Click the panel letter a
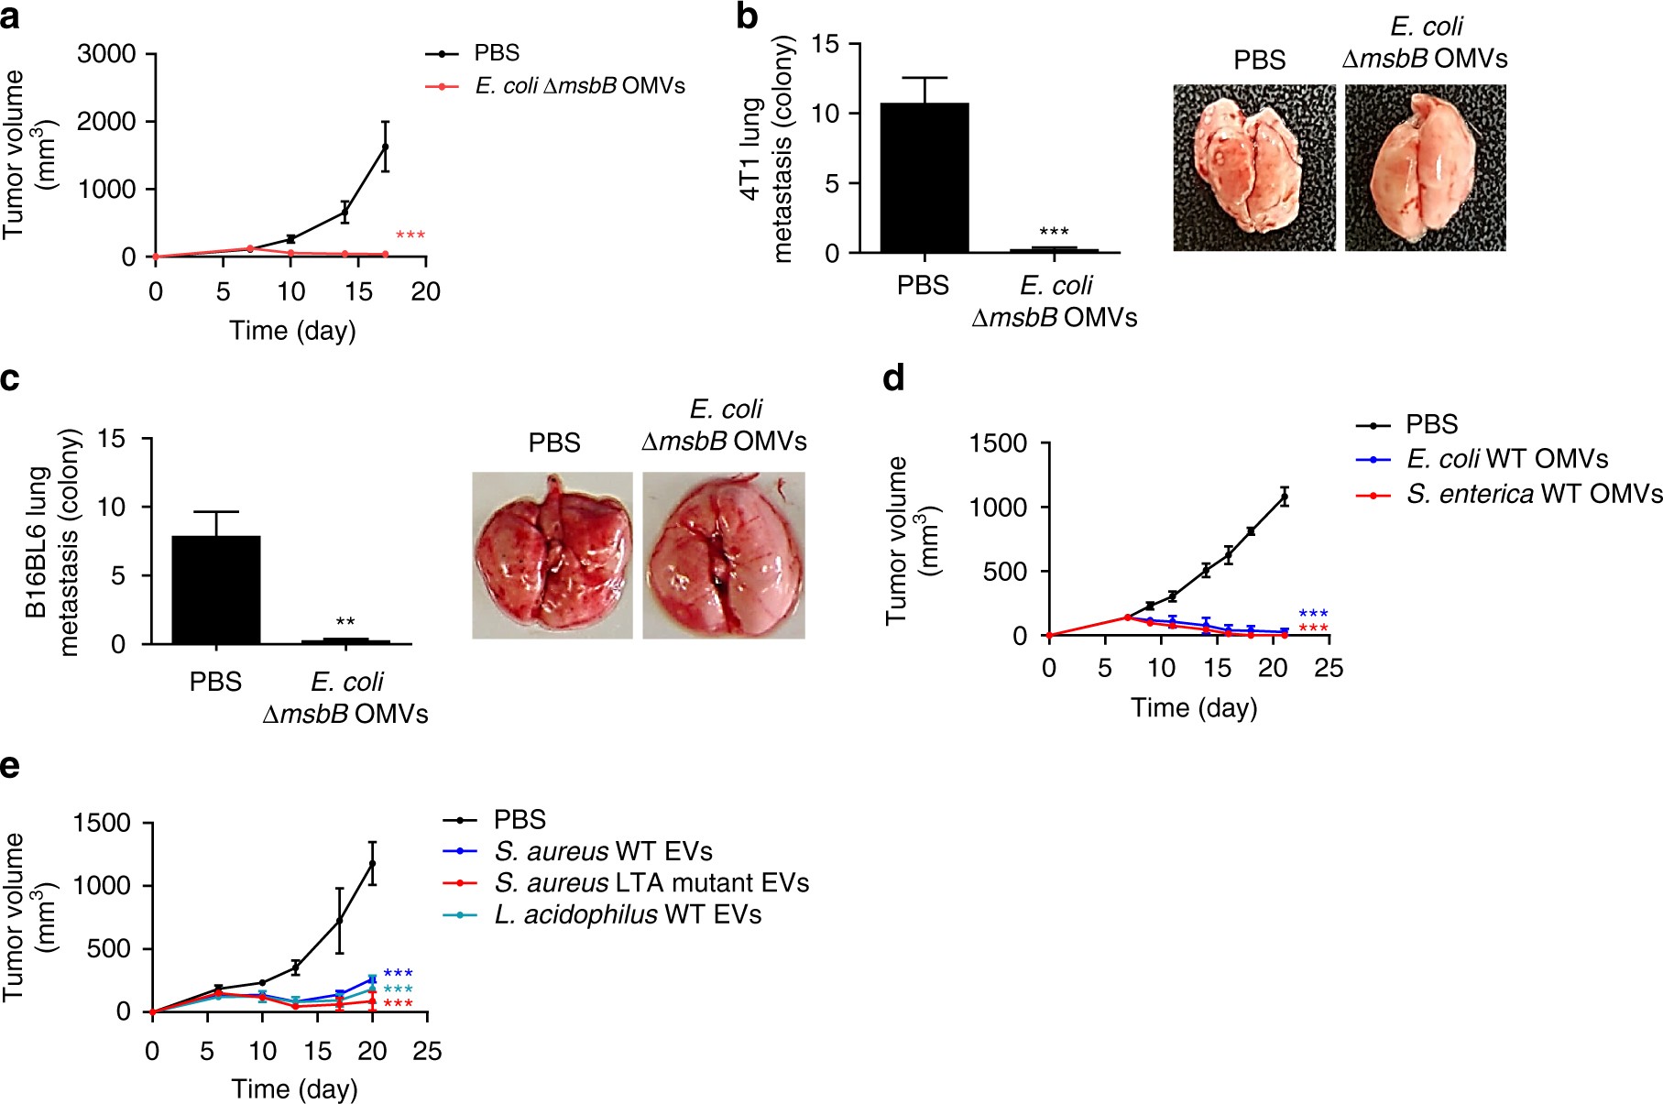[x=10, y=16]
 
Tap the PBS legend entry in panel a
[x=496, y=53]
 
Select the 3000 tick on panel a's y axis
[x=106, y=54]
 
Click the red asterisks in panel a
[x=410, y=236]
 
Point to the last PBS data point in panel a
[x=385, y=147]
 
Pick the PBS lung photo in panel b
[x=1253, y=168]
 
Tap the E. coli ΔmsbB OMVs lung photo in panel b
[x=1425, y=168]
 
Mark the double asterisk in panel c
[x=345, y=623]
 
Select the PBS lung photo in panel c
[x=553, y=555]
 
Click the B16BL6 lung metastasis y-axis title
[x=53, y=542]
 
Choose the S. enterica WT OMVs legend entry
[x=1533, y=494]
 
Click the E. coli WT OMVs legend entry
[x=1506, y=459]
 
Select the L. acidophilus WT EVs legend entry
[x=627, y=914]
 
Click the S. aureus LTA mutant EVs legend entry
[x=651, y=883]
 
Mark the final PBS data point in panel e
[x=373, y=863]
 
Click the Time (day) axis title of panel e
[x=294, y=1088]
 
